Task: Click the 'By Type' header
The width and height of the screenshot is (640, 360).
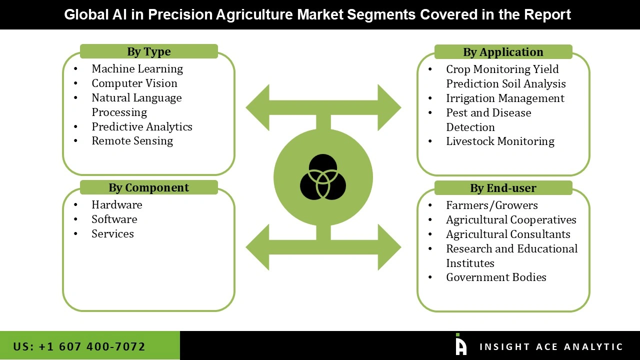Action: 148,51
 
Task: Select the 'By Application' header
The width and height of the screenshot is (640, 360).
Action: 502,52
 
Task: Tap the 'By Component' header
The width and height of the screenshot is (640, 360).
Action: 148,187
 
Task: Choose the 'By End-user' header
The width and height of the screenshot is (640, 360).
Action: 502,188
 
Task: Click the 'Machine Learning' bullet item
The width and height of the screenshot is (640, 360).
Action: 137,68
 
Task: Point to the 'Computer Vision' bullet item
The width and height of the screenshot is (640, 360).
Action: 134,83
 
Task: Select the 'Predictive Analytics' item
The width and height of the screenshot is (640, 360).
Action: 141,126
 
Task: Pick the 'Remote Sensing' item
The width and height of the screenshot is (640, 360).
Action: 132,141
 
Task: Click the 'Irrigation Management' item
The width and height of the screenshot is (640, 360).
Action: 505,98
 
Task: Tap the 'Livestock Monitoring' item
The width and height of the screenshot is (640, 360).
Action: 500,141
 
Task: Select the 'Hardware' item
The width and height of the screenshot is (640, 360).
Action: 116,204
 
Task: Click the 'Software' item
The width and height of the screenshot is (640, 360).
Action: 114,219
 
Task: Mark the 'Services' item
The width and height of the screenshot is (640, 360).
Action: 112,233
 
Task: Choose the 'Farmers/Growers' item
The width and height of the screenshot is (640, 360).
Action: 491,205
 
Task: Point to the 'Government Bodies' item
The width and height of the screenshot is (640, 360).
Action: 496,277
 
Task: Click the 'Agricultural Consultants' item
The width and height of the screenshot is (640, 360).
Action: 508,234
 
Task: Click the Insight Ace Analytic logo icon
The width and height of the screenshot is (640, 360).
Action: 460,345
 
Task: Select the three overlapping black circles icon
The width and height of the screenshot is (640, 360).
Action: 323,177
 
